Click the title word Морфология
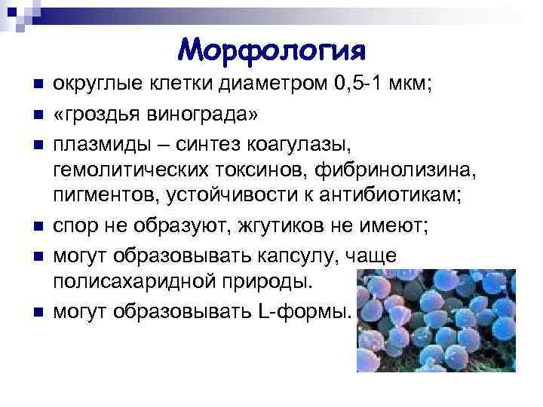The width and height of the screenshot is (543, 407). (x=272, y=51)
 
